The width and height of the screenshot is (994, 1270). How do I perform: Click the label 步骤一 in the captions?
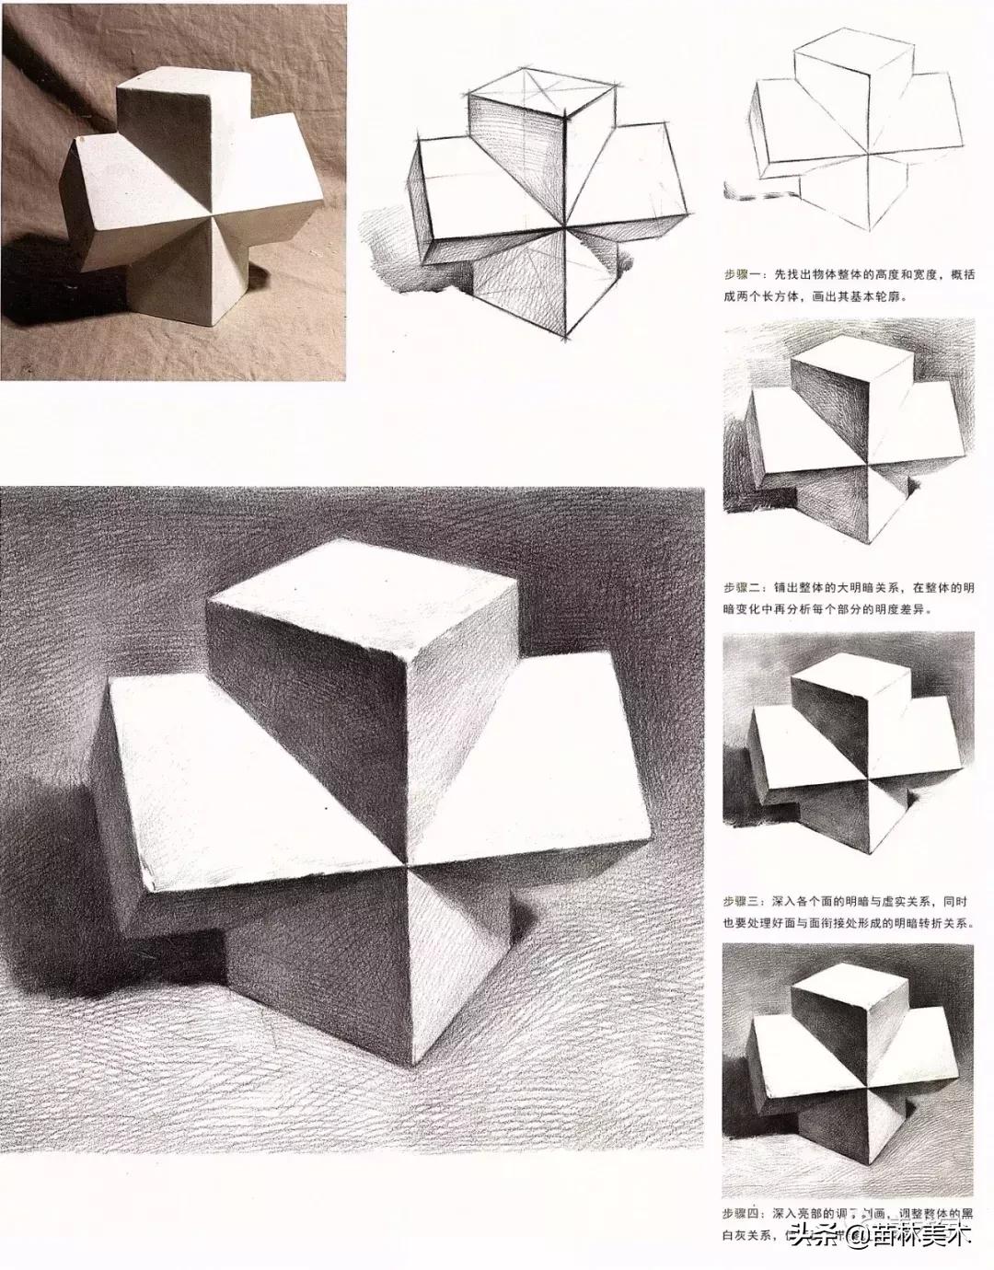click(744, 274)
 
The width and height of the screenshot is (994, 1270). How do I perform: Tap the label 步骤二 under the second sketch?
click(744, 585)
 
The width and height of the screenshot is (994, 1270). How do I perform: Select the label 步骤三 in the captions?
click(744, 899)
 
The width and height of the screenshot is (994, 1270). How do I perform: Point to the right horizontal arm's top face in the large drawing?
click(571, 736)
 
